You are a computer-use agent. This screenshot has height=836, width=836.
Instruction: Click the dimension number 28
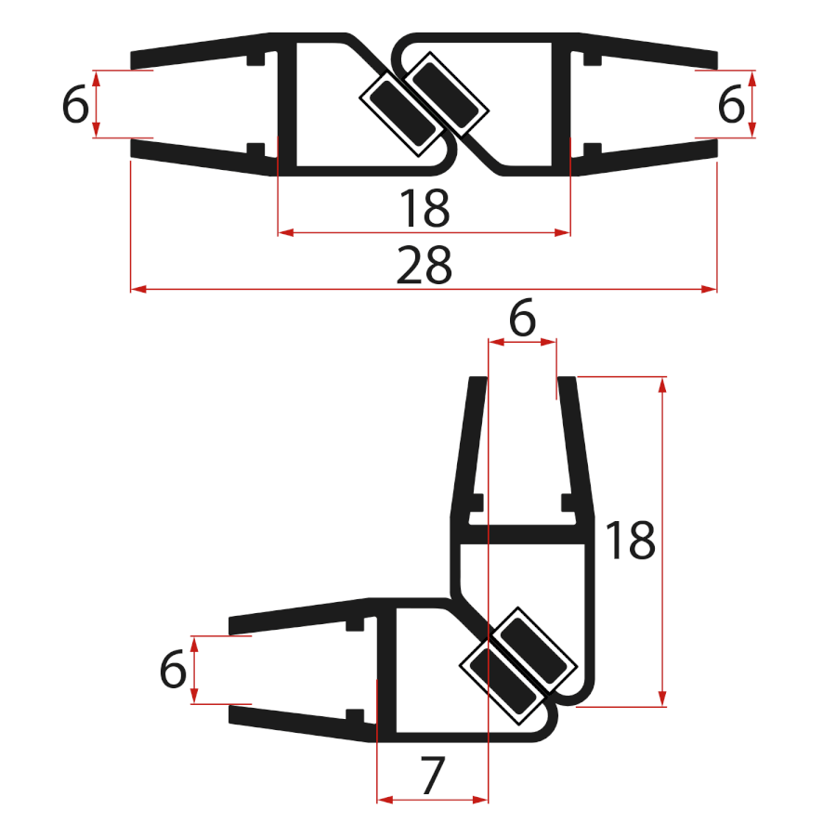point(424,267)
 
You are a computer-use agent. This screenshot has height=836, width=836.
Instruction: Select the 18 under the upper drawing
point(424,209)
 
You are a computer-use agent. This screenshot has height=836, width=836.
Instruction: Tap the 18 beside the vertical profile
point(631,541)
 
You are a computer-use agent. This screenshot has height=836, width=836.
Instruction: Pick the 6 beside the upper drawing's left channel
point(75,105)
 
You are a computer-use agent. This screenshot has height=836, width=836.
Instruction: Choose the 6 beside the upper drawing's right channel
point(731,105)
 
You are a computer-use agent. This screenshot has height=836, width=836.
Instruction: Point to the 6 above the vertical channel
point(523,320)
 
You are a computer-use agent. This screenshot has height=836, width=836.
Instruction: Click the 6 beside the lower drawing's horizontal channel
point(173,670)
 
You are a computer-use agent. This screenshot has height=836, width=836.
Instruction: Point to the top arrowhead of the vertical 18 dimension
point(662,384)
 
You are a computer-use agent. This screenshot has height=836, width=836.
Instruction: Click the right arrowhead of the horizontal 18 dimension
point(563,232)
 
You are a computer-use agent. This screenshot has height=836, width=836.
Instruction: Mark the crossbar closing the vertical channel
point(523,535)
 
